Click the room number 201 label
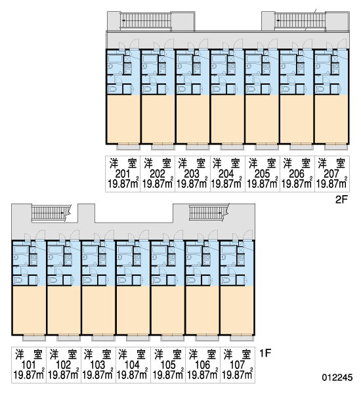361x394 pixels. coord(123,173)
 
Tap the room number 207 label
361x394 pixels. coord(331,173)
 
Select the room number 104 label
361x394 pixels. coord(132,364)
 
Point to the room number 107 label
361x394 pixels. coord(237,364)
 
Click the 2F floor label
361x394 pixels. coord(341,200)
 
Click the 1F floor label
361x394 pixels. coord(265,353)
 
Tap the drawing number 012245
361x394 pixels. coord(337,378)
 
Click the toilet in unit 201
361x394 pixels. coord(112,89)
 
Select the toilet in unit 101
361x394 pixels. coord(18,280)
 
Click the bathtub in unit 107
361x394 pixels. coord(228,250)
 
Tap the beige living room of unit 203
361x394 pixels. coord(192,119)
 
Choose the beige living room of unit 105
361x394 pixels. coord(167,310)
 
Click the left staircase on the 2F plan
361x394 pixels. coord(146,20)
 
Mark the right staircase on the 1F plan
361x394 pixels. coord(206,212)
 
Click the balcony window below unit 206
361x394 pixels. coord(301,146)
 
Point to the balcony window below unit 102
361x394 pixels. coord(68,338)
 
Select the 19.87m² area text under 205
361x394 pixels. coord(263,183)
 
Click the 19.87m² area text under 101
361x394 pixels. coord(29,375)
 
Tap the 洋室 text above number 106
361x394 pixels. coord(202,355)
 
